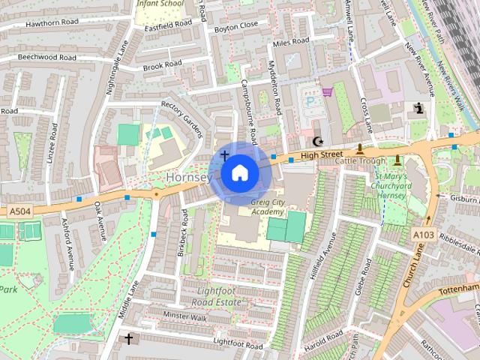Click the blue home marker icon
click(239, 173)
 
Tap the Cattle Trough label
click(360, 160)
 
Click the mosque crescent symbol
click(317, 141)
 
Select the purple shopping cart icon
click(328, 91)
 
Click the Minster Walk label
click(184, 316)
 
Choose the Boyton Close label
click(235, 25)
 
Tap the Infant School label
click(159, 4)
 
